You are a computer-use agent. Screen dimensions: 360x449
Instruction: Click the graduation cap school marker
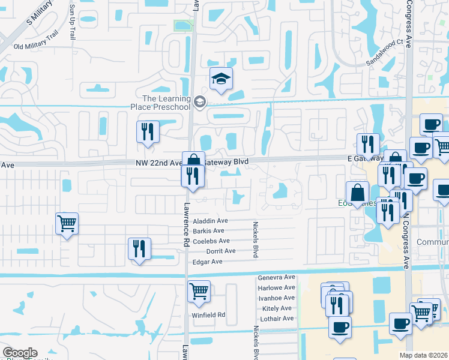tap(221, 79)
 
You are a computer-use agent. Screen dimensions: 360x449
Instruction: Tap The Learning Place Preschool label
tap(166, 103)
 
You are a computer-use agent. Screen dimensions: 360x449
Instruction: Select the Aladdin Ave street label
tap(210, 221)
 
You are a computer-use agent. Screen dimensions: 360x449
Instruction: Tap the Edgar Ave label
tap(207, 262)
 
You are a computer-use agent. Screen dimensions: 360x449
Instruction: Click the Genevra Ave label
tap(276, 278)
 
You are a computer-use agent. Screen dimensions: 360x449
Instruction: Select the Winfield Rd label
tap(208, 314)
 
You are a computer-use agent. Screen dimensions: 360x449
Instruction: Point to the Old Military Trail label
tap(35, 46)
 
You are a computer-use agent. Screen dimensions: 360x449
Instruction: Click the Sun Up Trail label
tap(72, 22)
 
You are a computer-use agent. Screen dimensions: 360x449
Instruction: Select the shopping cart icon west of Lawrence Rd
tap(67, 224)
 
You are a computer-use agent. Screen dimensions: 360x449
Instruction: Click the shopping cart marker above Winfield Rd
tap(199, 292)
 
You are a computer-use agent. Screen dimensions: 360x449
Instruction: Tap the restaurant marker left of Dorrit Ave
tap(139, 248)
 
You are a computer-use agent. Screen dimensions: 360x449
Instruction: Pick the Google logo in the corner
tap(20, 353)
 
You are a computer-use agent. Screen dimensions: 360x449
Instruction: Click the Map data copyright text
tap(424, 355)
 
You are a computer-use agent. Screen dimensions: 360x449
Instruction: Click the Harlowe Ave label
tap(276, 288)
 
